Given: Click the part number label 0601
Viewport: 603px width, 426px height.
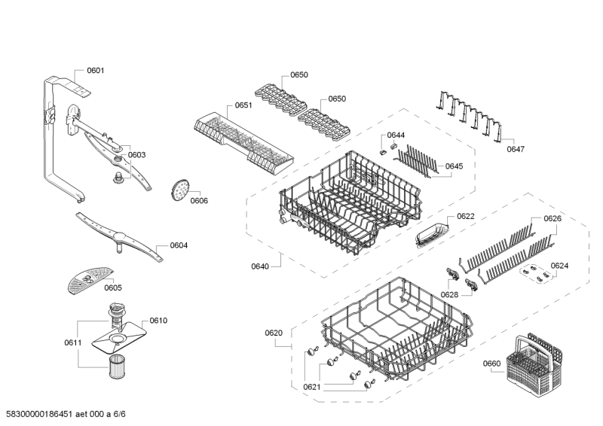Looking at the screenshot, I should click(96, 71).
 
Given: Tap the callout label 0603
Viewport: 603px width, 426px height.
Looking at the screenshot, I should click(136, 155).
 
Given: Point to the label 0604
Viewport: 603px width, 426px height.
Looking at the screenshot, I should click(179, 245).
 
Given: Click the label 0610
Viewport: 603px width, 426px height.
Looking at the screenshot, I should click(158, 321).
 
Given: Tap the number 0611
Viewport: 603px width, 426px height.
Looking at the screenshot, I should click(72, 343).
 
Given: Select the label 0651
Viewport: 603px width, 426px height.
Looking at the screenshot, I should click(243, 105).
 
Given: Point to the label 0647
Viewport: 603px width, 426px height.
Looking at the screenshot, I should click(516, 149).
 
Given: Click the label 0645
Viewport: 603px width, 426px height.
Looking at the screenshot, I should click(454, 166).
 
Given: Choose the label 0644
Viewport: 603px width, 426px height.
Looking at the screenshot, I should click(396, 135).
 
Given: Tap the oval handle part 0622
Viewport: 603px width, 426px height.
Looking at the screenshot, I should click(430, 235).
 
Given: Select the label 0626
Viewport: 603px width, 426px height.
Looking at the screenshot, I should click(552, 219).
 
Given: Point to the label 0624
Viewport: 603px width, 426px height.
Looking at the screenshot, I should click(559, 266).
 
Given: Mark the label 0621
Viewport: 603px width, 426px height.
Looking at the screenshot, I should click(312, 387).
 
